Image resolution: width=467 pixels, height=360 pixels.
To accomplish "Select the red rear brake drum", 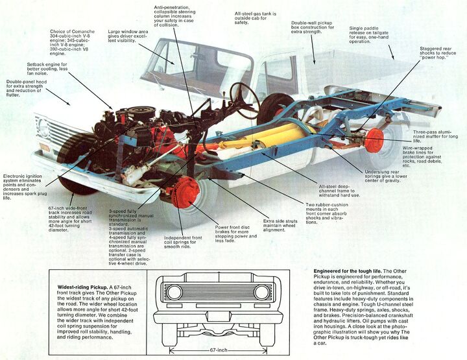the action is pyautogui.click(x=374, y=141).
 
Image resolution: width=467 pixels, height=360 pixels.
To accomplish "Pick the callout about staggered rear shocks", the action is pyautogui.click(x=438, y=53).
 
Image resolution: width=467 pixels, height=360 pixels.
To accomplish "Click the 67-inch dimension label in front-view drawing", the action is pyautogui.click(x=219, y=350).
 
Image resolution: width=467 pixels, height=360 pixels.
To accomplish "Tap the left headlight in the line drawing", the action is pyautogui.click(x=174, y=292).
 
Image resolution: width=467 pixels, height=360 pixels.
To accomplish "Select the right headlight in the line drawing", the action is pyautogui.click(x=262, y=292).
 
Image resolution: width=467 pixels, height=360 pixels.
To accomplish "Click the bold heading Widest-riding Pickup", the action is pyautogui.click(x=83, y=287).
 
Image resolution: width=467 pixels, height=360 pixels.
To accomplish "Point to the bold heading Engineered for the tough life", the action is pyautogui.click(x=348, y=271).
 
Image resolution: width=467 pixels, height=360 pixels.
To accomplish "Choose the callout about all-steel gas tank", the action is pyautogui.click(x=256, y=18).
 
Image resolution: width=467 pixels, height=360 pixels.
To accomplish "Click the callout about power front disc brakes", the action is pyautogui.click(x=235, y=234).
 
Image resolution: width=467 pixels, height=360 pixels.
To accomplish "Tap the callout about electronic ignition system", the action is pyautogui.click(x=25, y=187).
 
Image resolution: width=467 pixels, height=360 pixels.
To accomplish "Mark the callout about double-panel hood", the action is pyautogui.click(x=26, y=88).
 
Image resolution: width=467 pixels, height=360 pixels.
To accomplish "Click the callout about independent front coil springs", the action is pyautogui.click(x=183, y=242).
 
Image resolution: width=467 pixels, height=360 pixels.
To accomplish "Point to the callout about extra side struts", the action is pyautogui.click(x=280, y=226).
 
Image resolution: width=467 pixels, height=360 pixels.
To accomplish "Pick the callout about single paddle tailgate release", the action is pyautogui.click(x=368, y=35).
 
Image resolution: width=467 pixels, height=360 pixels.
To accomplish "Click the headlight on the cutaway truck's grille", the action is pyautogui.click(x=43, y=128).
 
